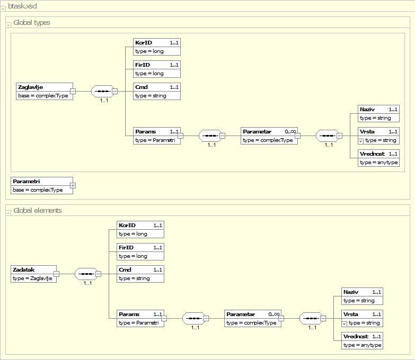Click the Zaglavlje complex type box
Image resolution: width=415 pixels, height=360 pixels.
click(45, 91)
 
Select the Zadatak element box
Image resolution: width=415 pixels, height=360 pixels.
click(33, 274)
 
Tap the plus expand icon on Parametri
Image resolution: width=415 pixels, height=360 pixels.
click(73, 185)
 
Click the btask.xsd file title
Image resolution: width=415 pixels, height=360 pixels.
click(22, 6)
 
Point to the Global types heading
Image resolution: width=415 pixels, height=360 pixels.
click(32, 23)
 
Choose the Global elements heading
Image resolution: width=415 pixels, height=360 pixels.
click(38, 210)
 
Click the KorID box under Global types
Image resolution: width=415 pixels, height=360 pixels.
click(157, 47)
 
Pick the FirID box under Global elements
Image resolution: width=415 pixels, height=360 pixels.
click(140, 251)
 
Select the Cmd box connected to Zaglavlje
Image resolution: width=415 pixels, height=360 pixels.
click(157, 91)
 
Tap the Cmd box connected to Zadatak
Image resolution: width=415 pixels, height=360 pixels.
click(140, 274)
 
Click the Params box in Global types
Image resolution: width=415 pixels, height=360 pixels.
click(157, 136)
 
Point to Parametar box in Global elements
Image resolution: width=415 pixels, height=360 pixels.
click(253, 318)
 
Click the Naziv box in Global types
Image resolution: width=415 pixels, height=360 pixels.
click(378, 113)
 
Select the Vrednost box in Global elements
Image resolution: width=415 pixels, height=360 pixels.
click(362, 340)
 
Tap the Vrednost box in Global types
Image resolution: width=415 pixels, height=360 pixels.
click(378, 158)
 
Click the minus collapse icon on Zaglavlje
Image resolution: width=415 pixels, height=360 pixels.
click(73, 91)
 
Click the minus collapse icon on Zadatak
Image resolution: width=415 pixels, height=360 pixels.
click(56, 274)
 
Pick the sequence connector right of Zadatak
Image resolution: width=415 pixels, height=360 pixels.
click(86, 274)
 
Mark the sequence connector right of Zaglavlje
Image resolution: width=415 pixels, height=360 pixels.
click(103, 91)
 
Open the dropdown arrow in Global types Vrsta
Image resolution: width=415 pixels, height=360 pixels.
click(360, 141)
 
